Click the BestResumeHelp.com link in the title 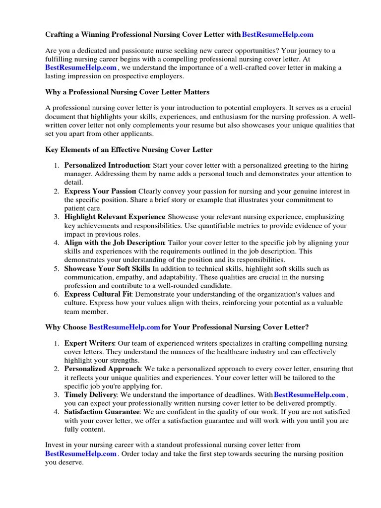[x=278, y=35]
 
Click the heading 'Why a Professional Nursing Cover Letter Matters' [x=127, y=92]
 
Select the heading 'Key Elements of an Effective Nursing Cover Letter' [x=129, y=150]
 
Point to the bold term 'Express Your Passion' [x=100, y=191]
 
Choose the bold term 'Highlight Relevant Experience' [x=115, y=217]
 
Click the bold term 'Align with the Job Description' [x=115, y=243]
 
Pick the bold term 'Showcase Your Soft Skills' [x=108, y=268]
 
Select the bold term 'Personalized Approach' [x=103, y=369]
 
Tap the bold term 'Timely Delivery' [x=91, y=395]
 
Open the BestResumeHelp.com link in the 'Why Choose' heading [x=125, y=327]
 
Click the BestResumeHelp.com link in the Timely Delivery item [x=310, y=395]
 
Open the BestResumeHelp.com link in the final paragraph [x=81, y=453]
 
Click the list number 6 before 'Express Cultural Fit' [x=57, y=294]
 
